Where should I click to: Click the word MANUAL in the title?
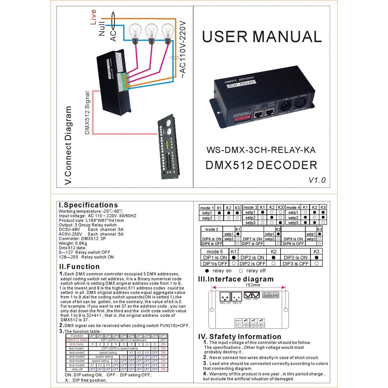click(x=287, y=37)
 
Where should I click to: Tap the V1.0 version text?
click(x=317, y=180)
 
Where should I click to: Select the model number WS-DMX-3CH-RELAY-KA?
click(x=261, y=150)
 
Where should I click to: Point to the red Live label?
click(x=93, y=17)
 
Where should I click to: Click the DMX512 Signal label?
click(x=88, y=113)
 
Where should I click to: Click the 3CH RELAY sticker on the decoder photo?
click(x=240, y=84)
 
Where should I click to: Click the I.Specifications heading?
click(x=88, y=205)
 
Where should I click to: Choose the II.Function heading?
click(x=79, y=267)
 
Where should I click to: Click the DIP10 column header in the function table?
click(x=163, y=336)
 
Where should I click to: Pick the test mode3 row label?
click(x=77, y=357)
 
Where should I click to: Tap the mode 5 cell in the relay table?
click(x=215, y=252)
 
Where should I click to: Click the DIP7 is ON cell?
click(x=252, y=239)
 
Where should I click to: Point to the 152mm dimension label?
click(x=253, y=285)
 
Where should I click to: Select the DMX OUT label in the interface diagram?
click(x=225, y=303)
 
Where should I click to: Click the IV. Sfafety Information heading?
click(x=240, y=337)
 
